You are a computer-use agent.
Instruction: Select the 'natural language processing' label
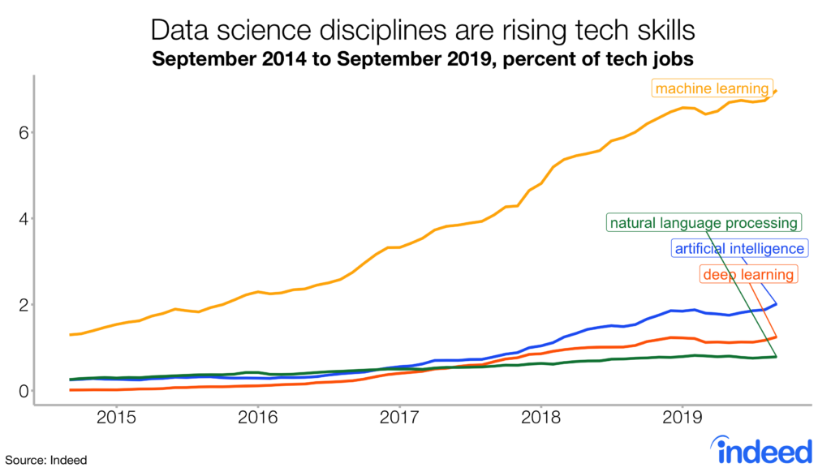[704, 222]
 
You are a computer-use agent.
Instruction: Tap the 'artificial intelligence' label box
[739, 248]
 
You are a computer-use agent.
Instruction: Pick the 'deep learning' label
[748, 275]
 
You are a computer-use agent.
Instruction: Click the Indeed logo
[762, 448]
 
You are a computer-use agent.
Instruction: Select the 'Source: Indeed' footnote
[44, 460]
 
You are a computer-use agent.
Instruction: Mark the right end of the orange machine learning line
[777, 90]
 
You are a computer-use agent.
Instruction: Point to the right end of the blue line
[777, 304]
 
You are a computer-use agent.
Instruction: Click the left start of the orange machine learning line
[71, 334]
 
